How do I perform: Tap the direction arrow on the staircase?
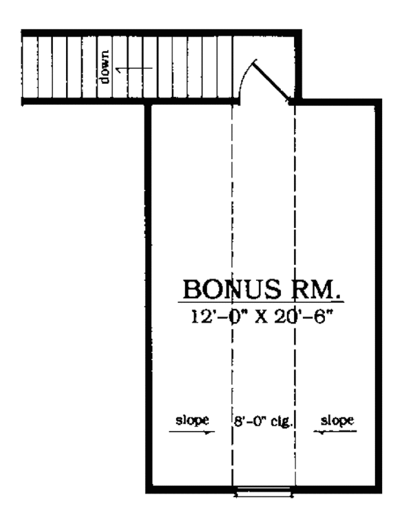(134, 68)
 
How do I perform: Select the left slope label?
(191, 419)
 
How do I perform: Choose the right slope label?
(337, 419)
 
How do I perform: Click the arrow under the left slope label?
(190, 432)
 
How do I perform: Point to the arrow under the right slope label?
(336, 432)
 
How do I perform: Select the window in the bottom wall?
(264, 492)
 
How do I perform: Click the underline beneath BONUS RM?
(262, 302)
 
